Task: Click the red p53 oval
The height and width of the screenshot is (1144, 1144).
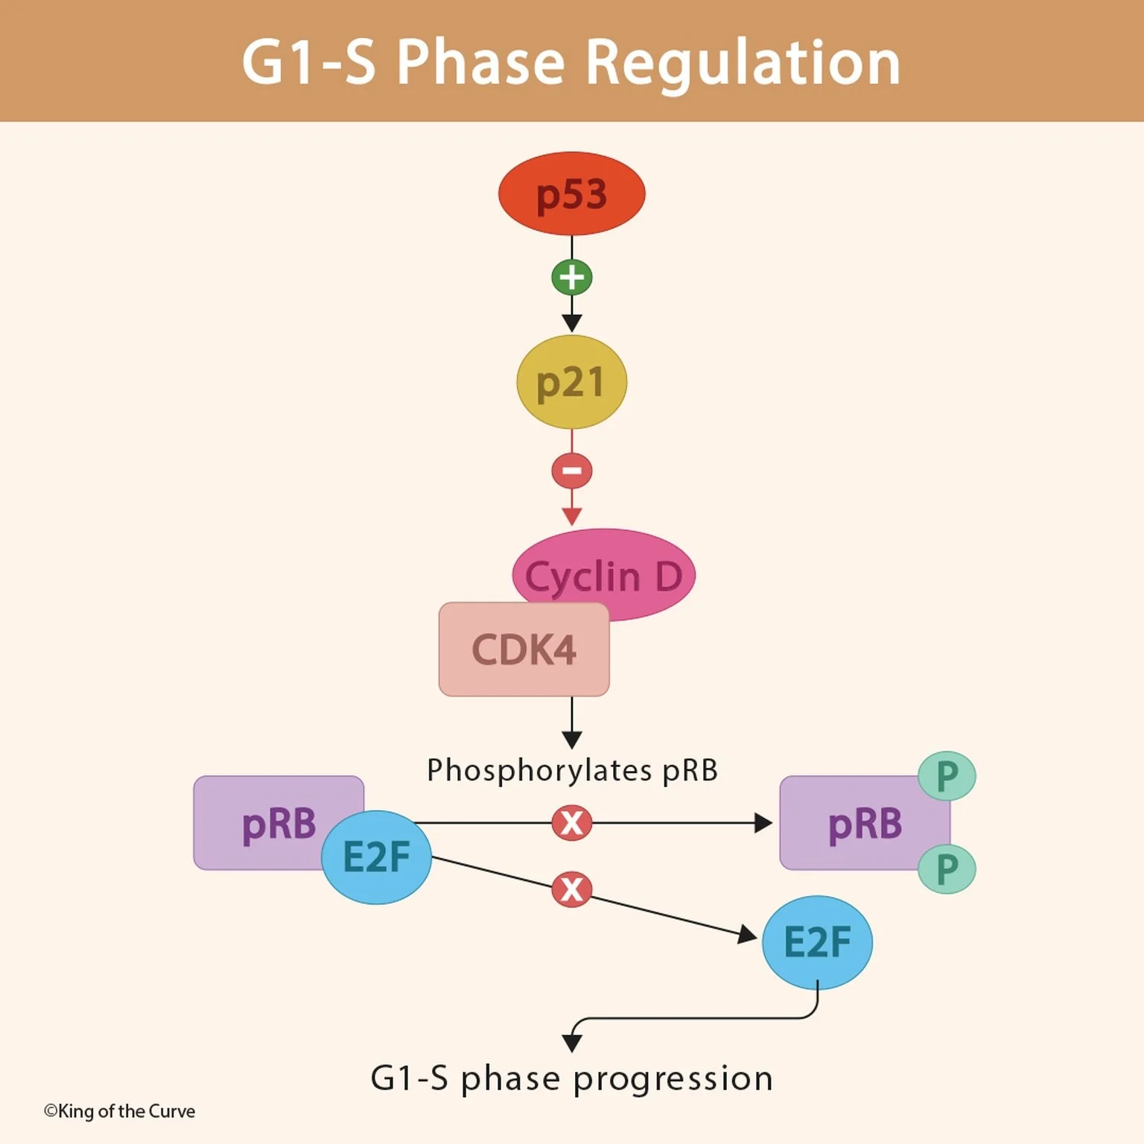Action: tap(571, 194)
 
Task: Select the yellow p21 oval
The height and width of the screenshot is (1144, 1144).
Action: tap(571, 382)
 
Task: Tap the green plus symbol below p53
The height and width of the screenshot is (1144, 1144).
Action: tap(571, 277)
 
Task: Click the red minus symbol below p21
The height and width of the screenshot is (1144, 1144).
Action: tap(571, 471)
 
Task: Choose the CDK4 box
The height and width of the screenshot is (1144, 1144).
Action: tap(524, 649)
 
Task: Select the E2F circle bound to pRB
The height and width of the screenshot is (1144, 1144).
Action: tap(376, 857)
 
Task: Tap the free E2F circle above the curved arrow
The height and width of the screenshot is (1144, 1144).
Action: tap(817, 942)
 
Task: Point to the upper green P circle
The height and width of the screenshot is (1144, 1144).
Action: tap(947, 776)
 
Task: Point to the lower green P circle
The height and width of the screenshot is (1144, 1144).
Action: tap(947, 869)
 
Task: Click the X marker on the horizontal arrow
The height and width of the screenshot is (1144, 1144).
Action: tap(571, 823)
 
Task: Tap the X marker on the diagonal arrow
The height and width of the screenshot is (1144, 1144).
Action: tap(571, 889)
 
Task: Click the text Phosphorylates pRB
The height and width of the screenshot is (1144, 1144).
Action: tap(571, 770)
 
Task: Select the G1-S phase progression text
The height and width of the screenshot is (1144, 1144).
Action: tap(571, 1078)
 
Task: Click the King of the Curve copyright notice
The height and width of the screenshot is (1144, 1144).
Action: tap(119, 1111)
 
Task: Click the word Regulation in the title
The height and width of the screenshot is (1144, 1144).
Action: tap(743, 63)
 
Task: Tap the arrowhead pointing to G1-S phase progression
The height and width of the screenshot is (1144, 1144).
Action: tap(571, 1042)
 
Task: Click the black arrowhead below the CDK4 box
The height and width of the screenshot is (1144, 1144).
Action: tap(571, 740)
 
